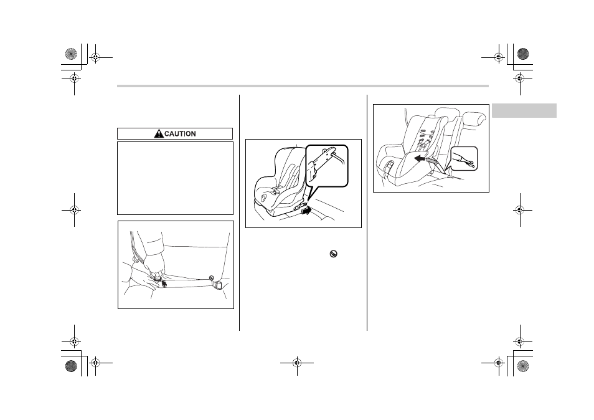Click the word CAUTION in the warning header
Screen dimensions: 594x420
coord(180,134)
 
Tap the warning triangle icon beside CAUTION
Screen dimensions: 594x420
coord(159,133)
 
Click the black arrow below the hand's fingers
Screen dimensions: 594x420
coord(164,283)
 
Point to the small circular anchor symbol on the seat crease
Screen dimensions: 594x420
coord(211,277)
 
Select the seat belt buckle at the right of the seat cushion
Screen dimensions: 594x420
coord(219,285)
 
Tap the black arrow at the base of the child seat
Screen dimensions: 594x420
coord(307,210)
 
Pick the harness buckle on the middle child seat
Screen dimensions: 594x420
coord(272,192)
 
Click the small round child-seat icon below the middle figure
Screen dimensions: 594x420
coord(333,254)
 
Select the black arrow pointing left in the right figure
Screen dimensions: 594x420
coord(420,158)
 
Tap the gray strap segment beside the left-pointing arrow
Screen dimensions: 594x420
coord(433,162)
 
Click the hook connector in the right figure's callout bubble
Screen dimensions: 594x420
coord(464,159)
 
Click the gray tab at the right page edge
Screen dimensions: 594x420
coord(524,110)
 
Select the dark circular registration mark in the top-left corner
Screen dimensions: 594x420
coord(71,54)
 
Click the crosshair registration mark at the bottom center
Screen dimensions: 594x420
coord(298,363)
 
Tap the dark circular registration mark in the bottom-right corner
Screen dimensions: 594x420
coord(523,366)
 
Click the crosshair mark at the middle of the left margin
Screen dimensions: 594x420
coord(74,209)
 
